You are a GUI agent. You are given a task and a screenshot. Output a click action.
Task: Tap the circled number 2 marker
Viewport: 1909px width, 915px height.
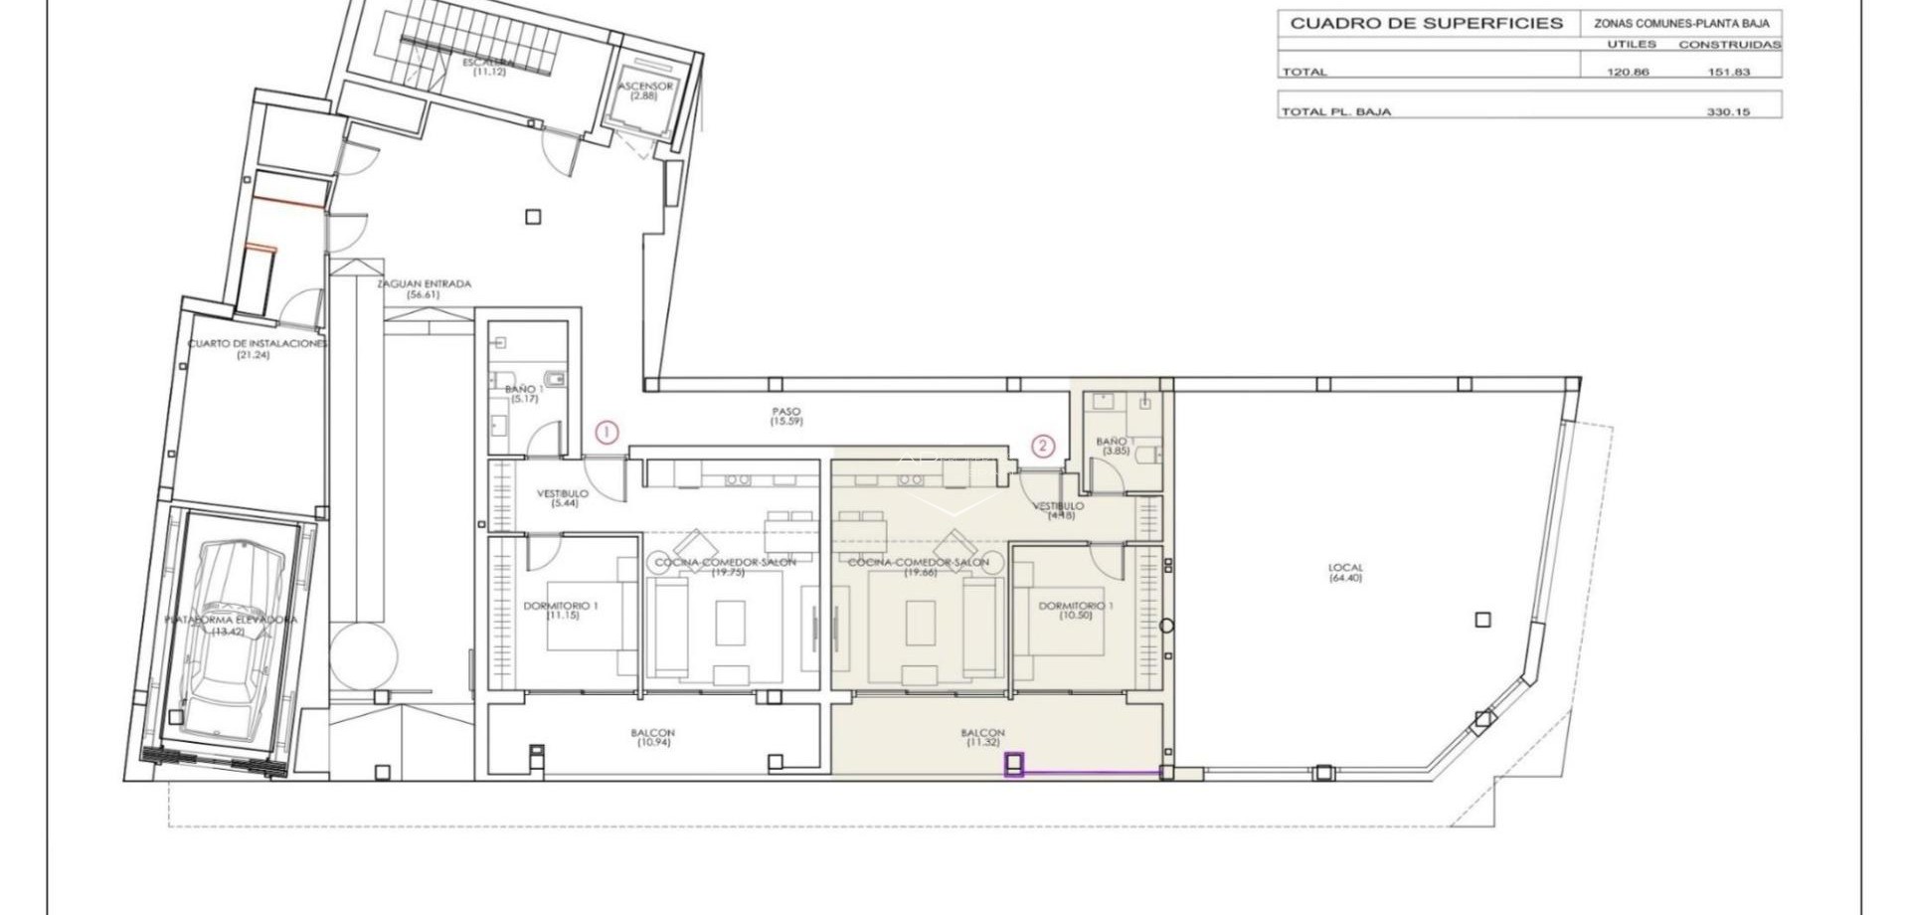(1042, 446)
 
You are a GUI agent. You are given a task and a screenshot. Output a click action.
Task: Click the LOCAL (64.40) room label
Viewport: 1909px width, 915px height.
(1345, 573)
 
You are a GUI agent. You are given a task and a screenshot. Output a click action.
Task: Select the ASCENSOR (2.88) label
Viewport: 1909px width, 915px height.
(645, 91)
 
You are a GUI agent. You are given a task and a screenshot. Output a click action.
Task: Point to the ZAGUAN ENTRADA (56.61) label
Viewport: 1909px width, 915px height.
(424, 289)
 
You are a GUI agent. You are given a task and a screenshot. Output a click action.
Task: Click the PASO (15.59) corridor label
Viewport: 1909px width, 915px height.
(784, 417)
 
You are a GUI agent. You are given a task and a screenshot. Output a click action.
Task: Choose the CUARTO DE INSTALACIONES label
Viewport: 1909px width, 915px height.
(258, 348)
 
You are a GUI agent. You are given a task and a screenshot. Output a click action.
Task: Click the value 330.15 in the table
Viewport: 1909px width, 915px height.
(1728, 112)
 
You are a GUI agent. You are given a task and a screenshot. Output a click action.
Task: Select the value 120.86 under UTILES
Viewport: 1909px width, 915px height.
(1628, 72)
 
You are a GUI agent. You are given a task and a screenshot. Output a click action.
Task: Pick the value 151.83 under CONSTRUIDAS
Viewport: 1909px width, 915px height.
(1728, 72)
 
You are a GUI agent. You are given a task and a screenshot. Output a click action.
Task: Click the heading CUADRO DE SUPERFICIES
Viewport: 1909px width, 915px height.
(1426, 23)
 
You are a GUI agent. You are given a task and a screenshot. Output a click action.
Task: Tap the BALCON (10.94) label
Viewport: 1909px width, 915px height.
(651, 738)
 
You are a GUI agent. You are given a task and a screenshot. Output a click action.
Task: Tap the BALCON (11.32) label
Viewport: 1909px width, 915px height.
(982, 738)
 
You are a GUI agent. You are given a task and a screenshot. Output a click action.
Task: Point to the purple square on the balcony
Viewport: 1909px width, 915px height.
(1014, 766)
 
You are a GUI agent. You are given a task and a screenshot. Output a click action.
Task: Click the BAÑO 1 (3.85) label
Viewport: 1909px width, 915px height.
(1115, 446)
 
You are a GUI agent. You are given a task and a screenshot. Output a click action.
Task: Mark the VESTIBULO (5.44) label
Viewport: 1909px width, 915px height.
(563, 498)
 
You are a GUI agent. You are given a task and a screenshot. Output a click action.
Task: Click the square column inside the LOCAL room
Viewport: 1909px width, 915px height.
(1482, 620)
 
